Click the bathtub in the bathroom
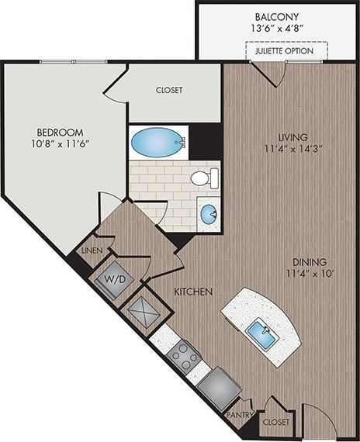click(x=154, y=143)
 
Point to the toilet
click(x=201, y=179)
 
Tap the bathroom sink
click(x=207, y=214)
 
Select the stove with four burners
click(x=185, y=354)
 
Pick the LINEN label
click(x=92, y=251)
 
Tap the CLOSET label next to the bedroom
click(x=168, y=90)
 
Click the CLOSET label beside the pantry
click(x=275, y=422)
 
